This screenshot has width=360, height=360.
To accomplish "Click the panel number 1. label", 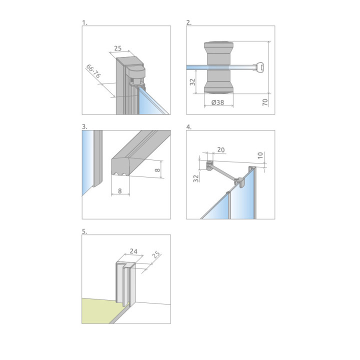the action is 84,22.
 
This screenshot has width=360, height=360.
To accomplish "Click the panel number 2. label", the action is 189,22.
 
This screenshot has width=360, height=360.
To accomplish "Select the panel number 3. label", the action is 84,126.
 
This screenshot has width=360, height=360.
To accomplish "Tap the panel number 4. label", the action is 189,127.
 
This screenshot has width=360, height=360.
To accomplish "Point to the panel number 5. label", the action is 84,231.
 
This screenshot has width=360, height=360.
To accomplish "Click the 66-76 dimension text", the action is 93,71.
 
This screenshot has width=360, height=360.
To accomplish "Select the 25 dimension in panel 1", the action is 118,48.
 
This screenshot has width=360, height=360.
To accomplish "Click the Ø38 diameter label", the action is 217,102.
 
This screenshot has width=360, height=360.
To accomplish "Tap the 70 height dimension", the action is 265,102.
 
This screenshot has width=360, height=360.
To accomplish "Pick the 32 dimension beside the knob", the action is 192,82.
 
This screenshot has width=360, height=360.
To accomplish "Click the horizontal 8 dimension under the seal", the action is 120,191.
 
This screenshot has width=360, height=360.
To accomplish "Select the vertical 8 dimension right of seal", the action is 157,170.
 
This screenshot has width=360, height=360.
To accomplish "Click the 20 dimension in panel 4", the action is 221,149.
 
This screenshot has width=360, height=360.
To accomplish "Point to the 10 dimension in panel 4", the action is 260,155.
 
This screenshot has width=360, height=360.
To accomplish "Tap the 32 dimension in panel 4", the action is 196,178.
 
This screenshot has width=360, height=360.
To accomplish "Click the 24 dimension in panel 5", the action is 133,251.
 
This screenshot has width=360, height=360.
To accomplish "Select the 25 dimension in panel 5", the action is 156,254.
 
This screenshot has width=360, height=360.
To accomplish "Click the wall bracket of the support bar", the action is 209,165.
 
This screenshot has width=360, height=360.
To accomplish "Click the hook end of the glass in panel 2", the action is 259,67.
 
